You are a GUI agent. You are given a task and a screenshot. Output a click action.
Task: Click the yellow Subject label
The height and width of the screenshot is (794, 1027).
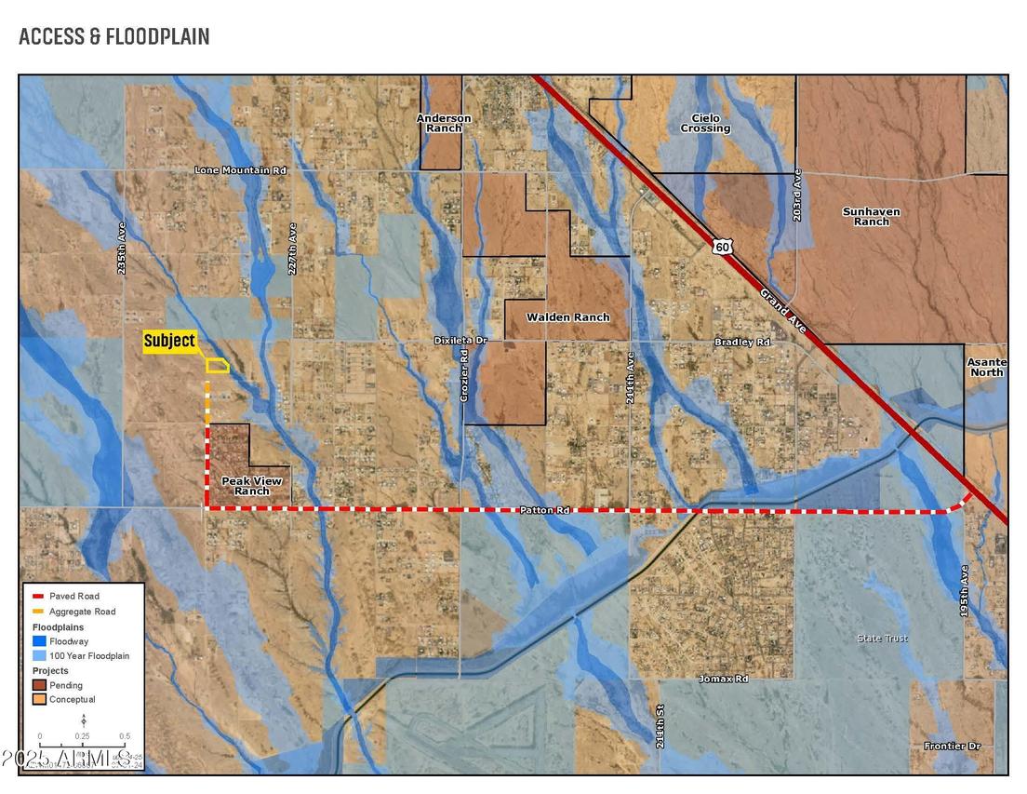coord(169,341)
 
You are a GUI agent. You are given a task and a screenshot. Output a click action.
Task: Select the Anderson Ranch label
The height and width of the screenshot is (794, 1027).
coord(444,123)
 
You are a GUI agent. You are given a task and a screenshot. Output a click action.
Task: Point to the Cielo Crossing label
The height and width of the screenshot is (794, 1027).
coord(704,123)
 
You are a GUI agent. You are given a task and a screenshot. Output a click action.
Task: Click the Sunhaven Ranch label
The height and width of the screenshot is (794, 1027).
coord(871,216)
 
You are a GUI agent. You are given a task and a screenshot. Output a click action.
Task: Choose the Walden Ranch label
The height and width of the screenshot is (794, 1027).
coord(567,317)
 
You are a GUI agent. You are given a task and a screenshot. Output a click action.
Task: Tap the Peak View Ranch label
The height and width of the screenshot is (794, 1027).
coord(251,486)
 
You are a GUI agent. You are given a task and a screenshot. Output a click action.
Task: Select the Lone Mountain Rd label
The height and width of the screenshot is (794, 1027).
coord(239,170)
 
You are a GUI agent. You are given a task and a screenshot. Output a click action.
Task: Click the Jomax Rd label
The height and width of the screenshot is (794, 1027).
coord(723,680)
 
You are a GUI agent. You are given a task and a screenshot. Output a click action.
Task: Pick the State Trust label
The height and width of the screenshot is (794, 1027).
coord(882,639)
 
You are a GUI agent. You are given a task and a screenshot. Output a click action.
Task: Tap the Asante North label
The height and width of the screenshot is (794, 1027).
coord(986,367)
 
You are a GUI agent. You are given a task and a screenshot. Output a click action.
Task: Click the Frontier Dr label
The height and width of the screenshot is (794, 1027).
coord(952,747)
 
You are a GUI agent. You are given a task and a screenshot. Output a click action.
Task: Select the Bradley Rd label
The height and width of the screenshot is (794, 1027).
coord(742,343)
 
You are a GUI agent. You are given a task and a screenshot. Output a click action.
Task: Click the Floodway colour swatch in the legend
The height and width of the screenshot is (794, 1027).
coord(38,641)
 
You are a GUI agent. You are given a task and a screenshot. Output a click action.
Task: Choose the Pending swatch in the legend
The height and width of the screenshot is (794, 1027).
coord(38,685)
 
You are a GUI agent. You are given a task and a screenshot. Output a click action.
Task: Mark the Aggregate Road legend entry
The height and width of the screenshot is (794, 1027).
coord(83,612)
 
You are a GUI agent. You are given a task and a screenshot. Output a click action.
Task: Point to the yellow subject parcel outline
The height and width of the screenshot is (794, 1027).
coord(217,366)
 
